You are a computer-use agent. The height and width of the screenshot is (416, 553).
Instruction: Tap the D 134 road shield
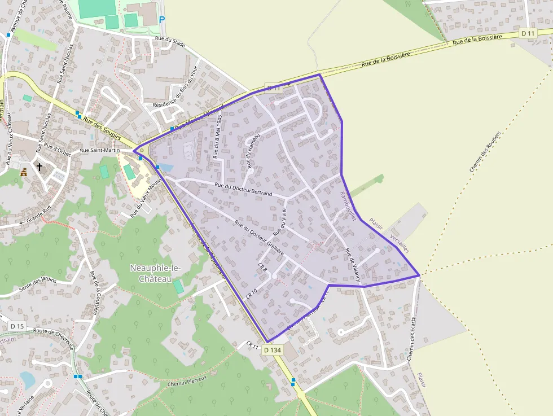[x=272, y=350]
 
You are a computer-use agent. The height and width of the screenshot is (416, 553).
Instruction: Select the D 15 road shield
[x=17, y=326]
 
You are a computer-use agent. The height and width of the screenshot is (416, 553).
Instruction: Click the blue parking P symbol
[x=162, y=20]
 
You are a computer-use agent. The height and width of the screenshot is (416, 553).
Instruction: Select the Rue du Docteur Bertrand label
[x=243, y=189]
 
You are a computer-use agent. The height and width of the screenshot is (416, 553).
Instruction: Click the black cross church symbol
[x=39, y=167]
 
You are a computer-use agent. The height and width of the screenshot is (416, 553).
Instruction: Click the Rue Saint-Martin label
[x=99, y=151]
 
